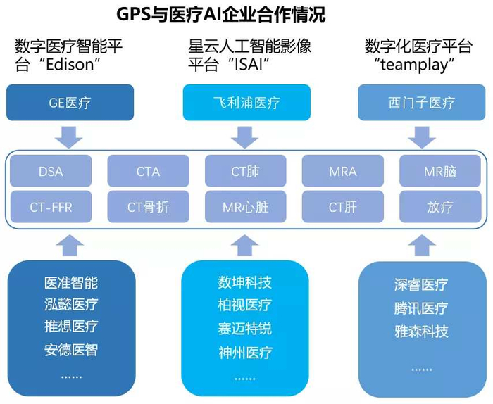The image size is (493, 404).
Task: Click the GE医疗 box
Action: click(70, 103)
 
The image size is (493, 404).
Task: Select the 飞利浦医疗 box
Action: click(246, 103)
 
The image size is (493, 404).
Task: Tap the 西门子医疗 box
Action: click(422, 103)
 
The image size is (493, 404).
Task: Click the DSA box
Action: click(51, 171)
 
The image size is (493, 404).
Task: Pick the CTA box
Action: click(148, 171)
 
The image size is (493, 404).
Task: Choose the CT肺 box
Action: click(246, 171)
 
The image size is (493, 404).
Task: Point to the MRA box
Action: click(343, 171)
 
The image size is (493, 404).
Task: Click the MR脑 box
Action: click(440, 171)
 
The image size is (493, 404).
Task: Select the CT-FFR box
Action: click(51, 207)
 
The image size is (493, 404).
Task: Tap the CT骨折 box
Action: click(148, 207)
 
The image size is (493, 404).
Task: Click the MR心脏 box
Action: click(246, 207)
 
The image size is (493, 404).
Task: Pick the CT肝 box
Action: click(343, 207)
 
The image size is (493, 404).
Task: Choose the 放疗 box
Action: click(440, 207)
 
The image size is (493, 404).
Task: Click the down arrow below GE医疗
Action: click(69, 137)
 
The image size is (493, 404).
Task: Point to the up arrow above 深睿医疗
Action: click(422, 246)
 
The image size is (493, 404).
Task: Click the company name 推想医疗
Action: click(71, 326)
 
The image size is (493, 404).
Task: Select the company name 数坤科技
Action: click(244, 282)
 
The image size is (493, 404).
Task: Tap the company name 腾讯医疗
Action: click(420, 308)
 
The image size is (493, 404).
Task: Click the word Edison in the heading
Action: click(70, 65)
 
